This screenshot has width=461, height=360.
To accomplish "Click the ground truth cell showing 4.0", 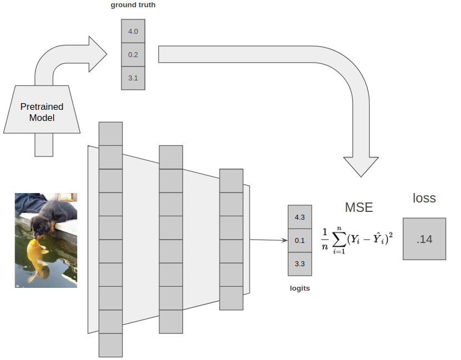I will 133,31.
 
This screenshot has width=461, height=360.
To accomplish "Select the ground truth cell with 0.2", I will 133,54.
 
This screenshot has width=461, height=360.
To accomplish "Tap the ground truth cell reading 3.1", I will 133,78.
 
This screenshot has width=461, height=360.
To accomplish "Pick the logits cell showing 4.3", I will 300,217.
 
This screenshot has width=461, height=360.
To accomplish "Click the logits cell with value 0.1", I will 300,240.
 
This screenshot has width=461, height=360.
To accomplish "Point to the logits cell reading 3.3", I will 300,263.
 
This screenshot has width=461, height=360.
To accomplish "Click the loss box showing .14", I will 424,239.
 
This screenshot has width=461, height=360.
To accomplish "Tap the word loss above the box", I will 424,198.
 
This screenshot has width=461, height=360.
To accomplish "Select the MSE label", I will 359,207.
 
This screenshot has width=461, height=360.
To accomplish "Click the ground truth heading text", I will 133,6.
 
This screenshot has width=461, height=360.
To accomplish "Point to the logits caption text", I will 300,288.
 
